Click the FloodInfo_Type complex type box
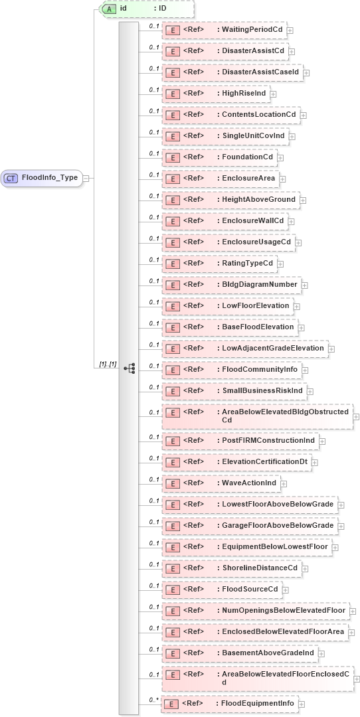pos(41,178)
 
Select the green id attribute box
pos(147,9)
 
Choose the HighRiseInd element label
pos(244,94)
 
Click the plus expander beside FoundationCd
pos(281,158)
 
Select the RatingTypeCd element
pos(222,264)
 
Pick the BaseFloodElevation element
pos(230,327)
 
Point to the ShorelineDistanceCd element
pos(233,568)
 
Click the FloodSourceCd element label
pos(250,589)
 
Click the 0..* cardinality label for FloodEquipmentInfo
pos(154,700)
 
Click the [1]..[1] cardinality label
pos(108,364)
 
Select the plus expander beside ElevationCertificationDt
pos(315,462)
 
